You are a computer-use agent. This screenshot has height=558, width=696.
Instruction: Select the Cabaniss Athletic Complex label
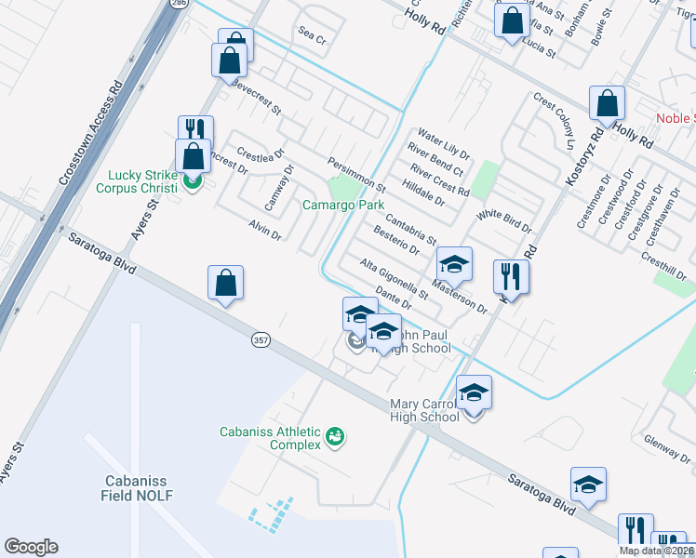tap(270, 438)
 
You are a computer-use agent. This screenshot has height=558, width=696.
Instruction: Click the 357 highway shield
tap(260, 341)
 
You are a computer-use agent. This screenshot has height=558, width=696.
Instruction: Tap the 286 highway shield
tap(177, 4)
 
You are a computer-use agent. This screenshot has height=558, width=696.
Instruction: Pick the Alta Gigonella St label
tap(394, 279)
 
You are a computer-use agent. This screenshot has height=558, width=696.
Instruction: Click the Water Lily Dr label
tap(444, 144)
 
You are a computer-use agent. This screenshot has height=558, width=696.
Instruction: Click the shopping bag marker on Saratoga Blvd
tap(226, 283)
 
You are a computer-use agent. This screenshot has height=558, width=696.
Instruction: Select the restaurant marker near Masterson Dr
tap(510, 276)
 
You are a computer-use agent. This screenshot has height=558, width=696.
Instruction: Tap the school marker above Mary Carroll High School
tap(474, 392)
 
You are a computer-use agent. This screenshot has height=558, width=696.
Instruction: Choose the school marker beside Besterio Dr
tap(454, 265)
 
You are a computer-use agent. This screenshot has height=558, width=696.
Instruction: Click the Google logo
tap(31, 547)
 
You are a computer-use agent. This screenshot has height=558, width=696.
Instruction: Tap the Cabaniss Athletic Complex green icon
tap(336, 435)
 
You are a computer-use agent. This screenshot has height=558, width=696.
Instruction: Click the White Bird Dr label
tap(503, 221)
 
